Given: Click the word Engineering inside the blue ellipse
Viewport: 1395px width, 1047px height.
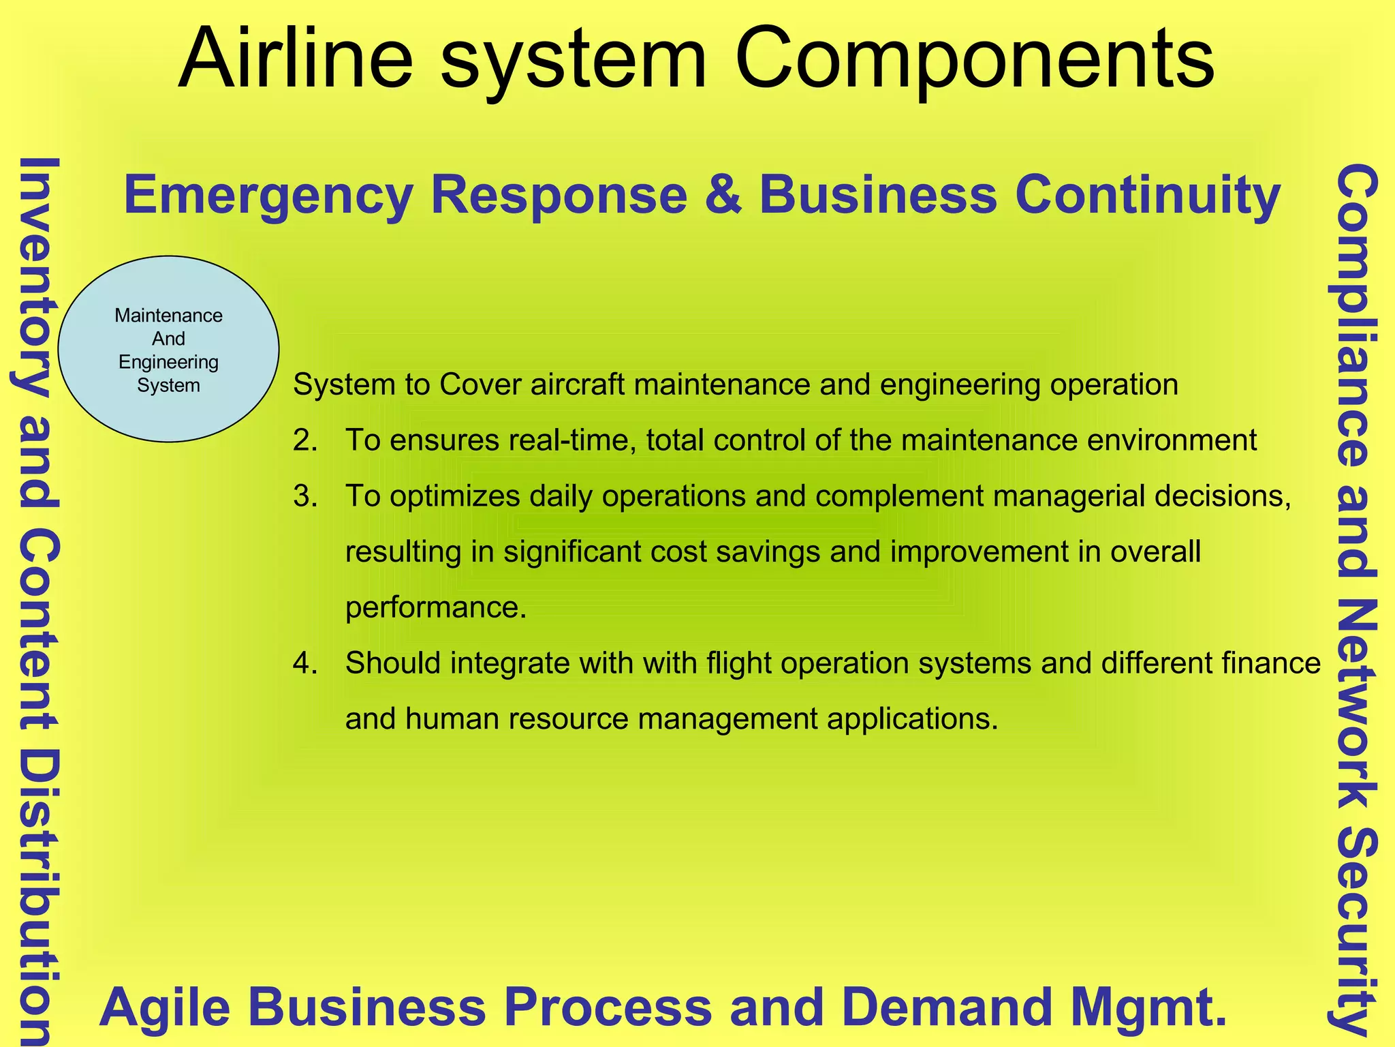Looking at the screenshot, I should point(168,362).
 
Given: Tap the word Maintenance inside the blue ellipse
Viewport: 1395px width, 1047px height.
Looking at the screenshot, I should point(168,316).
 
